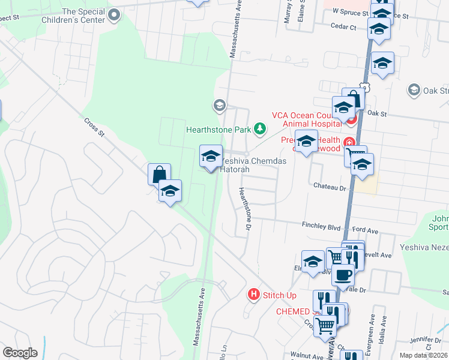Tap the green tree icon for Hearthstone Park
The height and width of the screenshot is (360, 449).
pyautogui.click(x=260, y=128)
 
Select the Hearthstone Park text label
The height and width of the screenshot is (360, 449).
pyautogui.click(x=218, y=129)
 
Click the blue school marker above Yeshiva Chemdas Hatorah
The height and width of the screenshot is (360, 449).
pyautogui.click(x=211, y=157)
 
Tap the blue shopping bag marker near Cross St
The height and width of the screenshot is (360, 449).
pyautogui.click(x=160, y=175)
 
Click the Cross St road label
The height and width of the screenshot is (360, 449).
pyautogui.click(x=95, y=128)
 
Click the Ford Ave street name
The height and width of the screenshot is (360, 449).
pyautogui.click(x=365, y=229)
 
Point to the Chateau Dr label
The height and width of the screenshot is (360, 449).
pyautogui.click(x=331, y=187)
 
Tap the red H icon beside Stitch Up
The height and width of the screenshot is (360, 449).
pyautogui.click(x=255, y=295)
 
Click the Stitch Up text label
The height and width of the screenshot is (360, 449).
pyautogui.click(x=280, y=295)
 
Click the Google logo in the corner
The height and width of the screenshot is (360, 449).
pyautogui.click(x=20, y=353)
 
